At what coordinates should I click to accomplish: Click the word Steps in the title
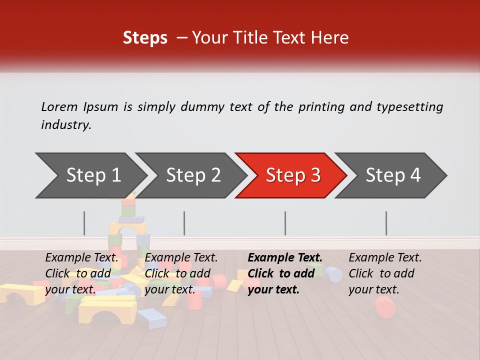[145, 38]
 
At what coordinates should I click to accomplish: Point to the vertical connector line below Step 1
[84, 223]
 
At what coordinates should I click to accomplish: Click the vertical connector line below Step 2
[184, 223]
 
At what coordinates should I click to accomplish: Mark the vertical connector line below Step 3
[285, 223]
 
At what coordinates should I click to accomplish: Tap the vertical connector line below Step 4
[386, 223]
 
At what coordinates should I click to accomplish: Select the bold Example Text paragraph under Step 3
[284, 273]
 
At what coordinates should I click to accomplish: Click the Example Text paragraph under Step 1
[82, 273]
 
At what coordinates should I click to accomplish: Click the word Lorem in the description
[59, 107]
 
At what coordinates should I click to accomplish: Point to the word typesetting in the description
[409, 107]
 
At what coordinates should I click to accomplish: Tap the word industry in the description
[65, 125]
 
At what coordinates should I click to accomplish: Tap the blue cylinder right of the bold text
[333, 274]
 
